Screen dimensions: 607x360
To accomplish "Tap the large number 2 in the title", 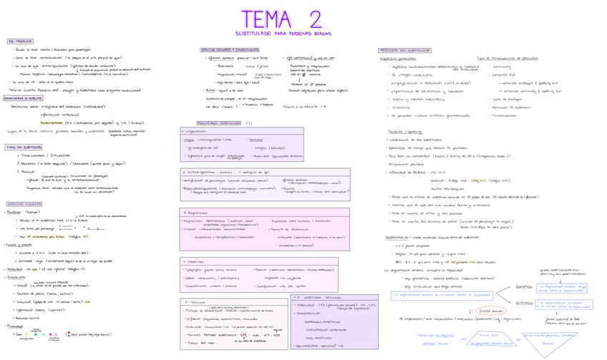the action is (x=314, y=19).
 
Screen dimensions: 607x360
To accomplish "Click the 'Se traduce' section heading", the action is (x=20, y=42).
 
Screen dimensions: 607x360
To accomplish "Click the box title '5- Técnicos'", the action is (x=194, y=303).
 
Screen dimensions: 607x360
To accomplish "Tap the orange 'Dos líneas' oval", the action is (x=489, y=310).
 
